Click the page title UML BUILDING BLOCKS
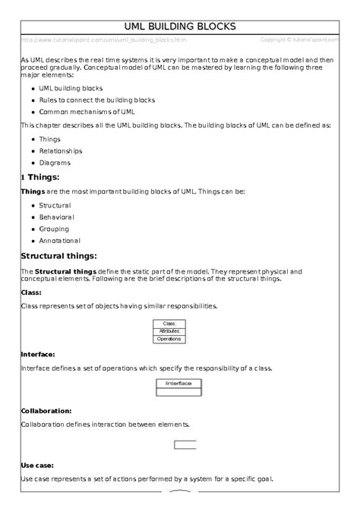coord(180,27)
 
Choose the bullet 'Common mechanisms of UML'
coord(86,112)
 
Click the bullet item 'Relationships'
coord(60,151)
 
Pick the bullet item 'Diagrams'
coord(54,163)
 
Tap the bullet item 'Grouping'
coord(54,229)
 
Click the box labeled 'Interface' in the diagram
coord(179,384)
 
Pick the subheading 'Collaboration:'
coord(47,411)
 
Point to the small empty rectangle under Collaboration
coord(185,444)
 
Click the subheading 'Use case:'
coord(36,465)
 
